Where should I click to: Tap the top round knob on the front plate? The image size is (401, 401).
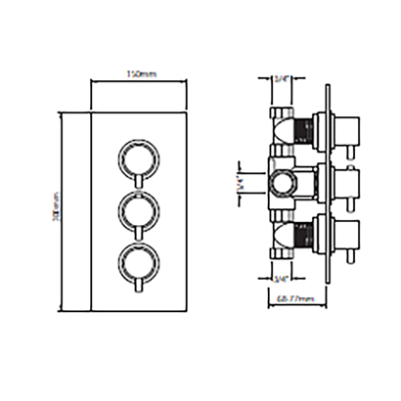pos(137,156)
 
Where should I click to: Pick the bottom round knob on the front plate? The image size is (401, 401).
pos(137,261)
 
